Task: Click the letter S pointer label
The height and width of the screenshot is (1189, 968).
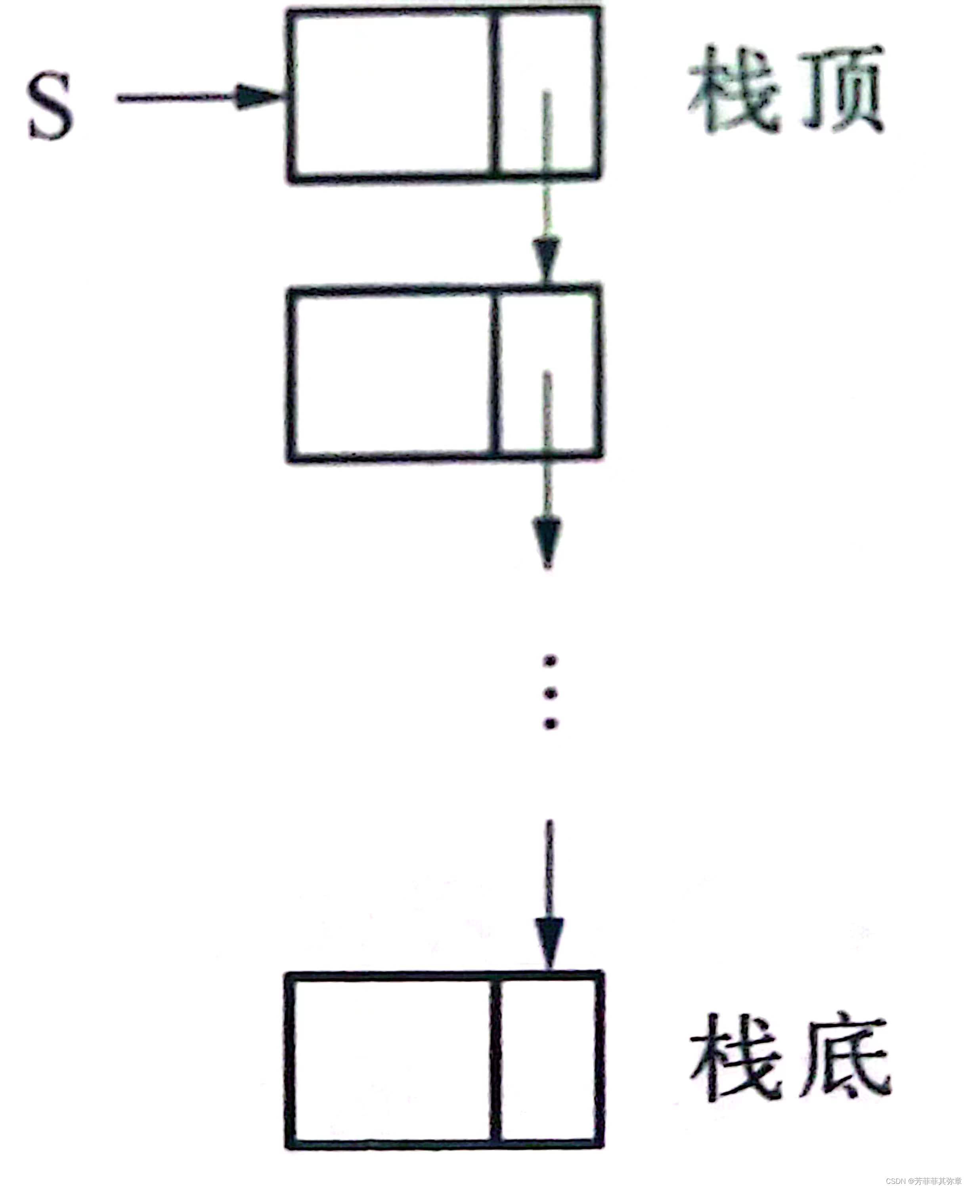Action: (51, 107)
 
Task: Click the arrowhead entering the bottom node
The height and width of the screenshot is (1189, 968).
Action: (550, 942)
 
